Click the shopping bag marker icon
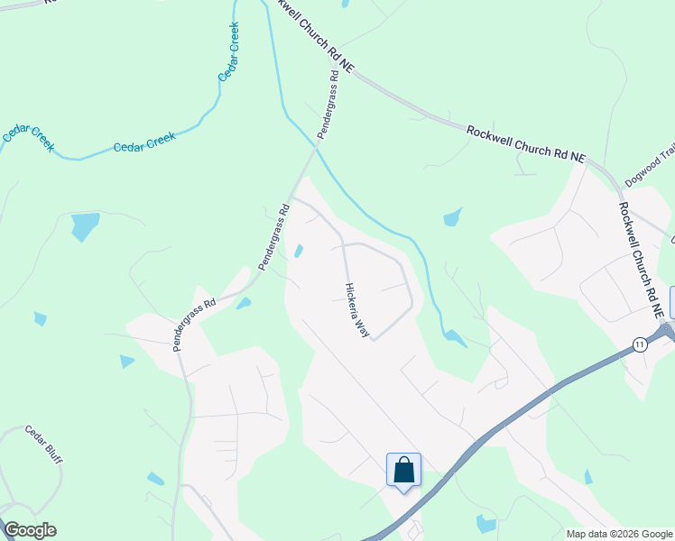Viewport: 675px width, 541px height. pyautogui.click(x=403, y=470)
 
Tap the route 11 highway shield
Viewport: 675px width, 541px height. pyautogui.click(x=639, y=344)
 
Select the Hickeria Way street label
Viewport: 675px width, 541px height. pyautogui.click(x=357, y=309)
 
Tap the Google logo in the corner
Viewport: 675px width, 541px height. pyautogui.click(x=30, y=530)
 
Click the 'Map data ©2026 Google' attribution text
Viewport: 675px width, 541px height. pyautogui.click(x=618, y=534)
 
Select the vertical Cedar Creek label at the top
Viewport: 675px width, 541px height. pyautogui.click(x=229, y=52)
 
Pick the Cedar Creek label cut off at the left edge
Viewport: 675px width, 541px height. pyautogui.click(x=28, y=137)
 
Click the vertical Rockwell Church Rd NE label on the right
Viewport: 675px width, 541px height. pyautogui.click(x=642, y=257)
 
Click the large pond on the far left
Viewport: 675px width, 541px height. pyautogui.click(x=85, y=225)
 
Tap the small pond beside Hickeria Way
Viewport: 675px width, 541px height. pyautogui.click(x=298, y=251)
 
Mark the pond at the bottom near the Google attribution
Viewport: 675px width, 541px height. pyautogui.click(x=486, y=523)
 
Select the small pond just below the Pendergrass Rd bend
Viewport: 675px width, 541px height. pyautogui.click(x=244, y=304)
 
